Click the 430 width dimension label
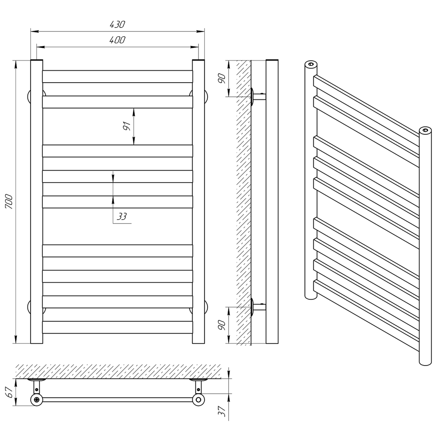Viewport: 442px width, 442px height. [x=117, y=24]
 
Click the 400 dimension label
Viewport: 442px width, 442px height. [x=117, y=40]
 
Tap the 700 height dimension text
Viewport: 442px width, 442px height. [x=9, y=202]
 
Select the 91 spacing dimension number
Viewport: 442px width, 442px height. [x=127, y=126]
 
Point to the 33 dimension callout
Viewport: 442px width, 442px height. [x=122, y=217]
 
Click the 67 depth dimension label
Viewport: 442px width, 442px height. [x=9, y=392]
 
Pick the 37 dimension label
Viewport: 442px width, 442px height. [x=222, y=411]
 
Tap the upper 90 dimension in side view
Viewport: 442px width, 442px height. [x=222, y=78]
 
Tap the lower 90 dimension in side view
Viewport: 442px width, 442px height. [x=222, y=325]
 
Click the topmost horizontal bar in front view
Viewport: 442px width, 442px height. [x=118, y=76]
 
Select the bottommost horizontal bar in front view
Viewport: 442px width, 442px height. [x=118, y=327]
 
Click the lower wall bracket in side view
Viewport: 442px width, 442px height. [x=258, y=307]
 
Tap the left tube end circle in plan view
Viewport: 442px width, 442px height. [x=37, y=400]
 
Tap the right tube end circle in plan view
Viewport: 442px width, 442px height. [x=198, y=400]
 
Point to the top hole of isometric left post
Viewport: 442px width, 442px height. [x=311, y=64]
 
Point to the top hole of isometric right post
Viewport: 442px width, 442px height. [x=425, y=130]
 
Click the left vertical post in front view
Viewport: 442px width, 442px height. [x=37, y=202]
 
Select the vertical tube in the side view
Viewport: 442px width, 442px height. [x=272, y=202]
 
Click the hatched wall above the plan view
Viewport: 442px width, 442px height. [x=118, y=371]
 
